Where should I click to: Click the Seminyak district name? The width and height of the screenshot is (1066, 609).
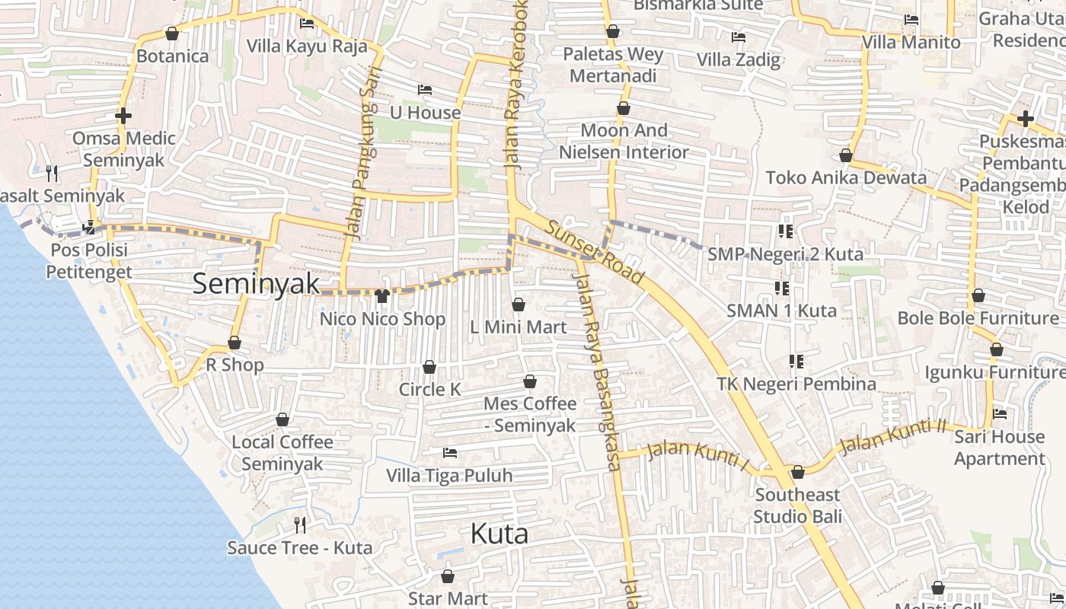pos(256,284)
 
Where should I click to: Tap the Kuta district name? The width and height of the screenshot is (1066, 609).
pos(499,534)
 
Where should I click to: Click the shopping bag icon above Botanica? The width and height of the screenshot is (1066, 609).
pos(172,34)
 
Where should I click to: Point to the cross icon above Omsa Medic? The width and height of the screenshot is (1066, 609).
pos(123,116)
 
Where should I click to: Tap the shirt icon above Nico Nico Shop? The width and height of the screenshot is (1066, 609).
pos(382,296)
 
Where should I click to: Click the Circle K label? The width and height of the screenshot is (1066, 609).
pos(430,390)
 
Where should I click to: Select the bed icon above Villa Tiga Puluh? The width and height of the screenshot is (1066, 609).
pos(450,453)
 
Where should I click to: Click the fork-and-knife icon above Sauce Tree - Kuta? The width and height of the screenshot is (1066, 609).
pos(300,525)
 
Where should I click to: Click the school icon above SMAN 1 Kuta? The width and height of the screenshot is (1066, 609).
pos(782,289)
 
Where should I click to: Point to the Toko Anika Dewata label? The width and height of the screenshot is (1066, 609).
pos(846,178)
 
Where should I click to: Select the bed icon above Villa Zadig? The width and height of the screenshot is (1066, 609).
pos(738,37)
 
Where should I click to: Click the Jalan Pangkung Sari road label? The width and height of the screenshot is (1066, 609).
pos(364,164)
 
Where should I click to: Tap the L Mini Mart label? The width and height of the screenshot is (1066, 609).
pos(518,327)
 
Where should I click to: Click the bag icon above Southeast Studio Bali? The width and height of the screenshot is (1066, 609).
pos(797,473)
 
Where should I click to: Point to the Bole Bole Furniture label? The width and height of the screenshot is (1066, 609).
pos(978,318)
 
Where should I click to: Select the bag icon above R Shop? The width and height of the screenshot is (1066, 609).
pos(235,343)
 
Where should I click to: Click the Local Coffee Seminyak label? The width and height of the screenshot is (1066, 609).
pos(282,453)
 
